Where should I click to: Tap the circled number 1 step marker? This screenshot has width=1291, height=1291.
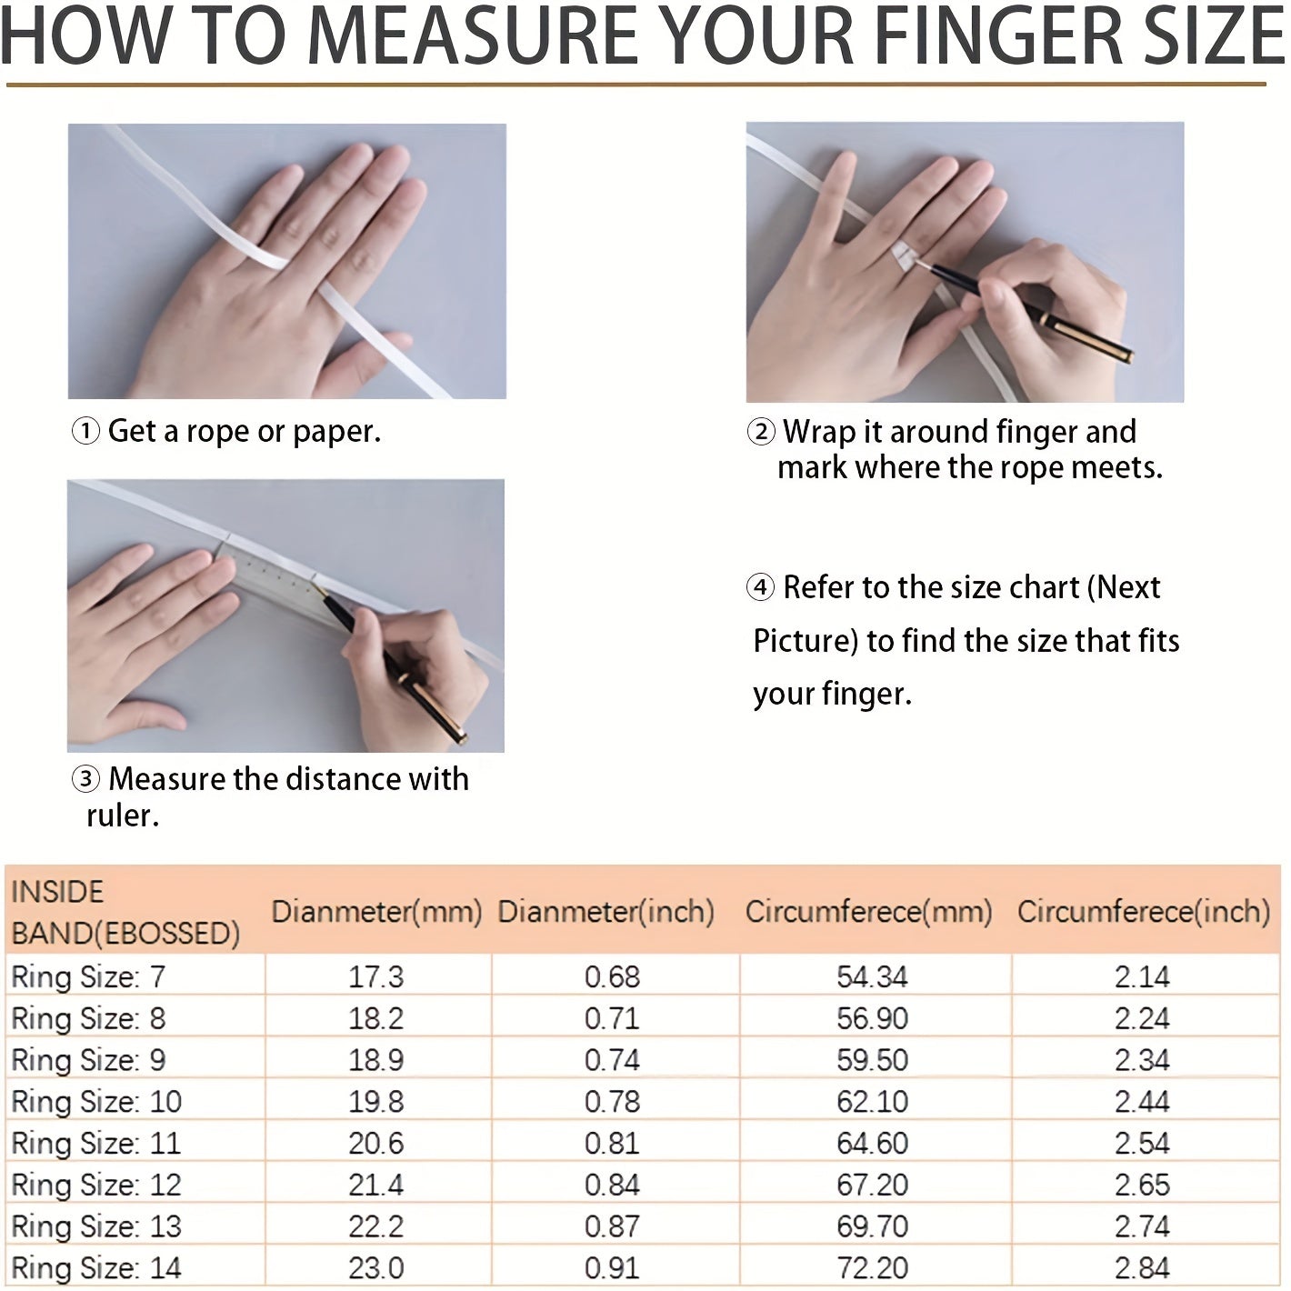(85, 432)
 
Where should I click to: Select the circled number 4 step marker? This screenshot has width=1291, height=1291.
(760, 587)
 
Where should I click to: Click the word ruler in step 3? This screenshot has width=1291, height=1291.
(122, 816)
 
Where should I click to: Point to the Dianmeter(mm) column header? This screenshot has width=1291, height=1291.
(376, 912)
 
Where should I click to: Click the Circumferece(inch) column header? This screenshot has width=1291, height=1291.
(1144, 912)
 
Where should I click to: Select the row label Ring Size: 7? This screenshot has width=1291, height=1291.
(88, 977)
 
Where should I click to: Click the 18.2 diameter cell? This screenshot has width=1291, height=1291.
(375, 1019)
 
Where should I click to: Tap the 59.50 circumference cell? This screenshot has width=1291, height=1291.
(872, 1061)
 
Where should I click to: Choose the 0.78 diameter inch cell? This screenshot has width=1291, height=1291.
(613, 1102)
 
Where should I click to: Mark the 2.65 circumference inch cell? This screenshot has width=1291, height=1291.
(1142, 1186)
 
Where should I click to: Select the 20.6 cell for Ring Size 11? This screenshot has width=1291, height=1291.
(375, 1144)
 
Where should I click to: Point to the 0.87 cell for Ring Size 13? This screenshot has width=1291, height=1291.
(613, 1226)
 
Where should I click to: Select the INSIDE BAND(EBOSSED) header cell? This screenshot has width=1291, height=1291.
(125, 913)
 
